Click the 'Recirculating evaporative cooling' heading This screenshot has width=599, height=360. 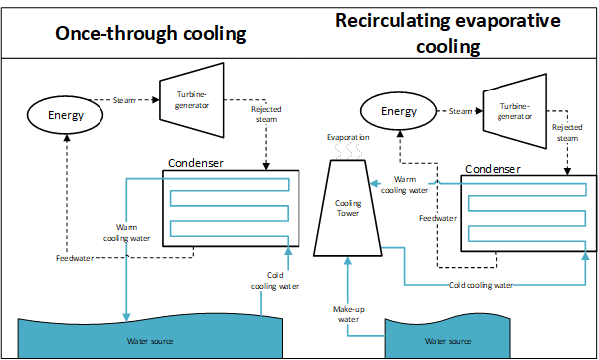point(448,33)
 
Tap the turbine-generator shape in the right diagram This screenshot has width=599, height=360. point(514,110)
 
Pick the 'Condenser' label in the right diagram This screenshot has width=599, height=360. point(494,168)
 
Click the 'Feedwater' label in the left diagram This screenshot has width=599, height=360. point(75,259)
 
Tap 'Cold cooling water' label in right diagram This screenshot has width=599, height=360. point(480,284)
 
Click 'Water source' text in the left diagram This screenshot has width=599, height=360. point(149,341)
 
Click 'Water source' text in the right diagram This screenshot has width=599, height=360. point(447,341)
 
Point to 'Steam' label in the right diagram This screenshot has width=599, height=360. point(459,111)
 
